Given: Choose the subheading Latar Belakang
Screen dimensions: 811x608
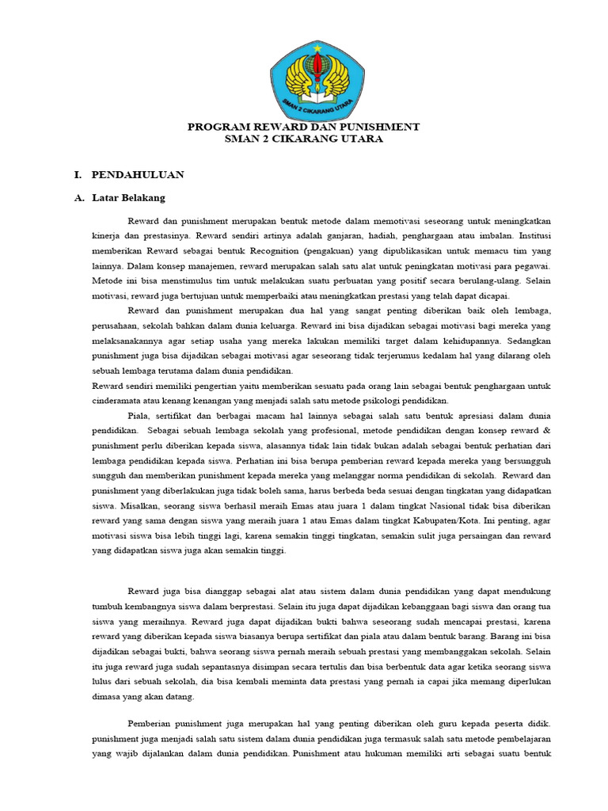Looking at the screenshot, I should [128, 197].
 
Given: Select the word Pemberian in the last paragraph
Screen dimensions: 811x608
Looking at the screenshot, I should [151, 724].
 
